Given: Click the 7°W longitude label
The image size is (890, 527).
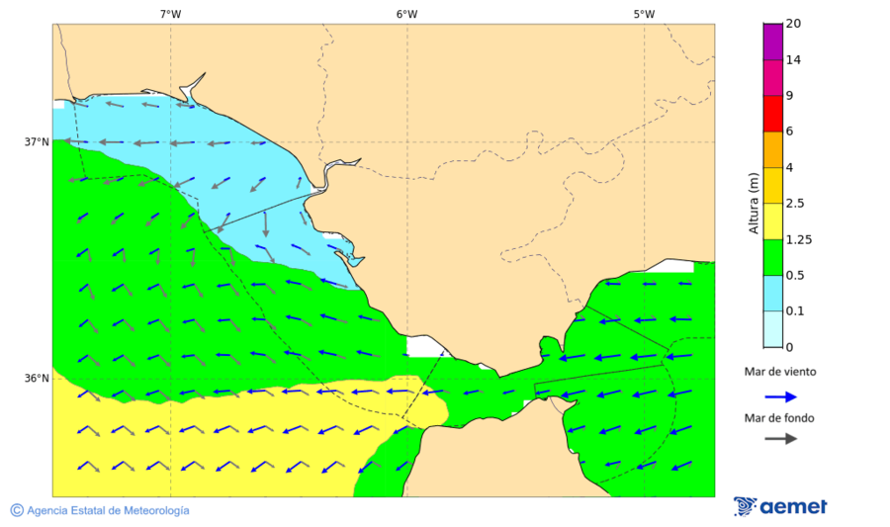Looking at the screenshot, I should point(170,14).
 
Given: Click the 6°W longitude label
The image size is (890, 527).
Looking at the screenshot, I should point(406,14).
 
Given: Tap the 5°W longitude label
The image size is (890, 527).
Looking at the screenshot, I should point(644,14).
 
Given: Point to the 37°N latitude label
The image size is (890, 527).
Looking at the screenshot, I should point(37,141).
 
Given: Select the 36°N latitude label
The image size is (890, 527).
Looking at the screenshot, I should point(37,378).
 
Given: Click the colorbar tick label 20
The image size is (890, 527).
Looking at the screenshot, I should point(793,24).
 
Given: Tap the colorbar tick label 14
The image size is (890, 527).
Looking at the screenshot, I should point(793,60).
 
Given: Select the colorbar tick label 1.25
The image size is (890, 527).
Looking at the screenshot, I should point(798,239).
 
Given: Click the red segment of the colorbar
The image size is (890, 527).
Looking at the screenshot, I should point(772,114).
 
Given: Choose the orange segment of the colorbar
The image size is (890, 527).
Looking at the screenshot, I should point(772,149).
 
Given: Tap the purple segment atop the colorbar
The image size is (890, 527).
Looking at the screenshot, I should point(772,42).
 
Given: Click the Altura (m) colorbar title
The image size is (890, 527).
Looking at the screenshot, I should point(754,204).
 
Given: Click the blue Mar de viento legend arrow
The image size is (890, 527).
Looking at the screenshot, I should point(780,396).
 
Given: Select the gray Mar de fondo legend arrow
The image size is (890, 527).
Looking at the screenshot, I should point(780,438).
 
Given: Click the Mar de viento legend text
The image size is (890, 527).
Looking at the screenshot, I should point(780,373).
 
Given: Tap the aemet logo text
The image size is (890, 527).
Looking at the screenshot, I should point(793,507).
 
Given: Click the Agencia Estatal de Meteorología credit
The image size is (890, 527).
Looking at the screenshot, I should point(108,510).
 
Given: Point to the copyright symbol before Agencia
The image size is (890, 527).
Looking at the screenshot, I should point(17,510).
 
